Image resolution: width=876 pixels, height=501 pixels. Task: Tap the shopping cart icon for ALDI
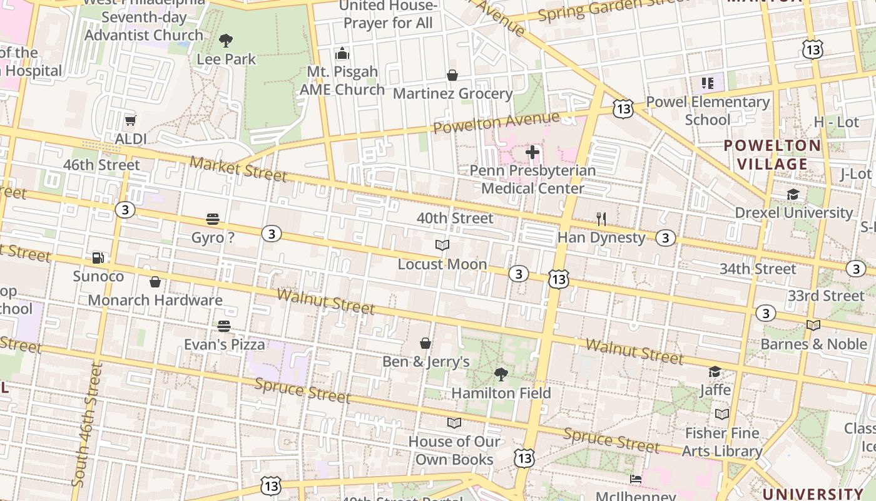[x=130, y=120]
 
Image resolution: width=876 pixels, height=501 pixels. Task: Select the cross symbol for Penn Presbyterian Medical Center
[x=532, y=152]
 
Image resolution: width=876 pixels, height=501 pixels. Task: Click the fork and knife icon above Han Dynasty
[x=601, y=219]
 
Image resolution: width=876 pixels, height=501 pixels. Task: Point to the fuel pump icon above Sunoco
[x=98, y=257]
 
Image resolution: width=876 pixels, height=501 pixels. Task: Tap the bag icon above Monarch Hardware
[x=155, y=282]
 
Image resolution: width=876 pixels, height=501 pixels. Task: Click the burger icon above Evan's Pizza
[x=224, y=326]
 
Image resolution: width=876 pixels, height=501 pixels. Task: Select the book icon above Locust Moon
[x=442, y=245]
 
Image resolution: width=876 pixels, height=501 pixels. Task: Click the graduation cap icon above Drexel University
[x=793, y=194]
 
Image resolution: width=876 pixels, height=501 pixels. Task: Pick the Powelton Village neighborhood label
[x=772, y=155]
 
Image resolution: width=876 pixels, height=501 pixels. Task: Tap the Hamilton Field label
[x=501, y=393]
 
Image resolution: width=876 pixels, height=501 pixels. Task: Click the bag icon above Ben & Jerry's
[x=425, y=343]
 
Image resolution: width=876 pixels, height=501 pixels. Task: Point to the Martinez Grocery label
[x=452, y=94]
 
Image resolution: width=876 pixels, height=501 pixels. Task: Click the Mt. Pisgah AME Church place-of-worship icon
[x=342, y=53]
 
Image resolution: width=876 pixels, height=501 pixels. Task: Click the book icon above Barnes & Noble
[x=813, y=325]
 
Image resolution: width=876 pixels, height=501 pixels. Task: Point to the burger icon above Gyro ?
[x=213, y=219]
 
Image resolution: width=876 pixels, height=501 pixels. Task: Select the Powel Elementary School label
[x=708, y=110]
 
